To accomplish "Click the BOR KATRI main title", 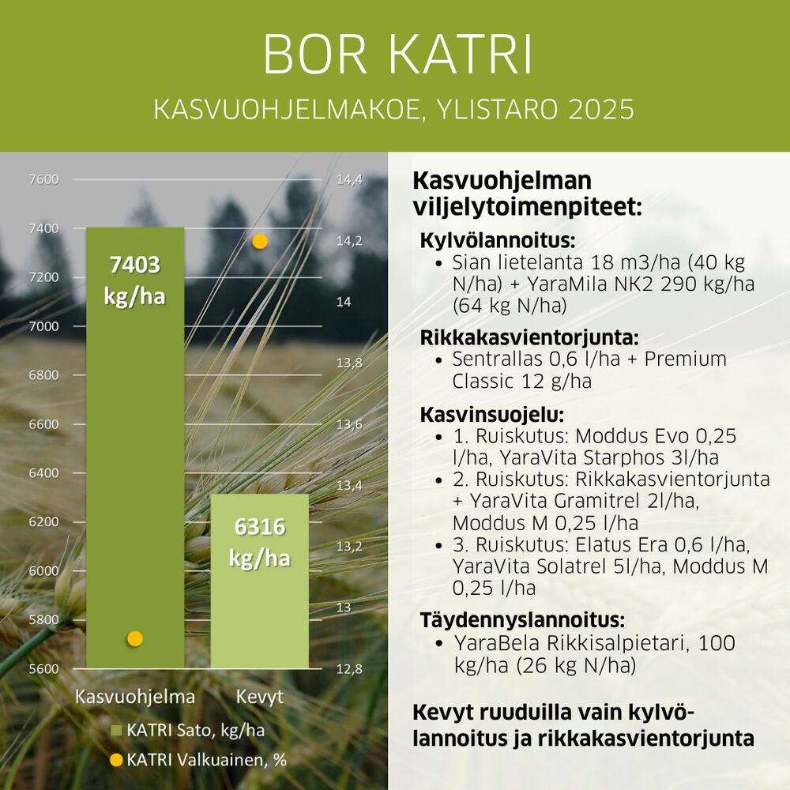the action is [397, 55].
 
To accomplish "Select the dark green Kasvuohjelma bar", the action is [135, 448].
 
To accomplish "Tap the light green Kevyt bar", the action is [259, 581].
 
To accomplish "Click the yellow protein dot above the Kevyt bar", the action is [259, 241].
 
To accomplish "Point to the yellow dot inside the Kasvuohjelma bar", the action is [134, 639].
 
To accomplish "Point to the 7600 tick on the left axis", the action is [43, 179].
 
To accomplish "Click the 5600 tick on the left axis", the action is [43, 668].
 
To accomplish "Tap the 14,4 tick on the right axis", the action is [349, 179].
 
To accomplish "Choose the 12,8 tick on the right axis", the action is [349, 668].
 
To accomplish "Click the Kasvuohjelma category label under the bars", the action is [135, 697].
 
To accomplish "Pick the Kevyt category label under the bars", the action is [259, 697].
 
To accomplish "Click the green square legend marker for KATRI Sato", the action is [116, 731].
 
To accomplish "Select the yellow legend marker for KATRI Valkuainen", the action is [116, 760].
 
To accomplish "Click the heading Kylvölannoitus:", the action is [497, 240].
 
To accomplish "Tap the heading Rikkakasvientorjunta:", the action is [529, 337].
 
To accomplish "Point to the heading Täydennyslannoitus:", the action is [522, 619].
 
